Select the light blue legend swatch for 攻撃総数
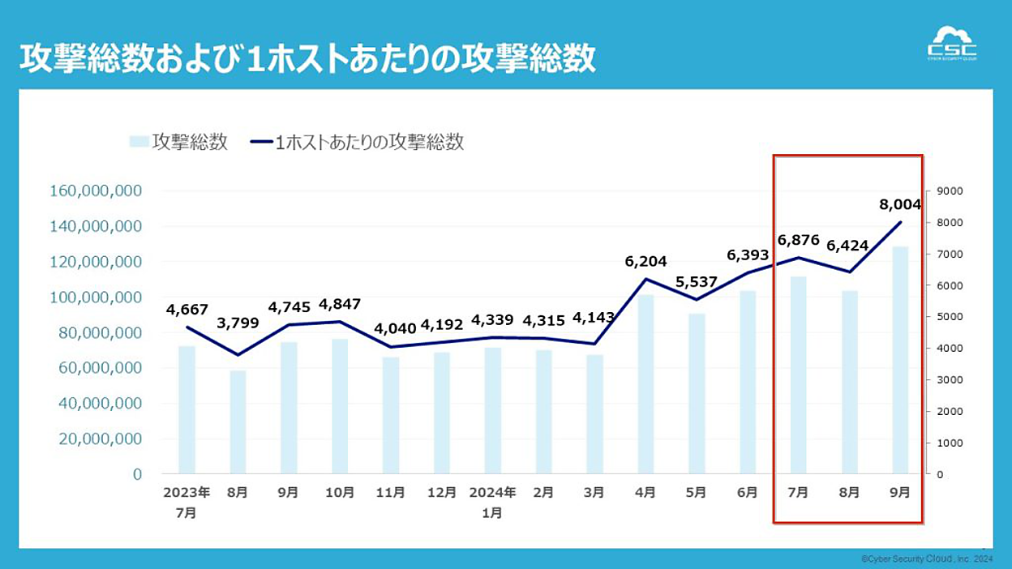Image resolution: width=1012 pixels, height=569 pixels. coord(139,141)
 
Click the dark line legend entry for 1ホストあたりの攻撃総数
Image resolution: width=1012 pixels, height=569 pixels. coord(357,142)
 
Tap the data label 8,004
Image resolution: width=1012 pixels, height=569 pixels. coord(900,204)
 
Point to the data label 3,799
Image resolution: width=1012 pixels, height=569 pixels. coord(238,323)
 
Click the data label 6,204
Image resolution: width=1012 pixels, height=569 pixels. coord(645,261)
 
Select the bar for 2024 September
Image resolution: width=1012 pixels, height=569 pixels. coord(900,360)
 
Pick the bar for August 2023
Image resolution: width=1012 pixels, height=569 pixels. coord(238,422)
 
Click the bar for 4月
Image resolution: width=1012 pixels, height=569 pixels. coord(645,384)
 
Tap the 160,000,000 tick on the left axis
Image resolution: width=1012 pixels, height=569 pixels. coord(96,190)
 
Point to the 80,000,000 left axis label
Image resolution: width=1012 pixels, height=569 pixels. coord(100,333)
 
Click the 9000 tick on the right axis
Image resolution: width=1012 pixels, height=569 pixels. coord(950,191)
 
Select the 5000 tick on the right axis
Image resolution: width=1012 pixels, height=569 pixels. coord(950,317)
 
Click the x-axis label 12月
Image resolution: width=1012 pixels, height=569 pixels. coord(441,492)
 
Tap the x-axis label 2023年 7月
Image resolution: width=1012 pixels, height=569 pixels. coord(187,503)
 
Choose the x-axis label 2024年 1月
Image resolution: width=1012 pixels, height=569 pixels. coord(492,503)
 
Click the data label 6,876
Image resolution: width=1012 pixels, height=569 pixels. coord(798,240)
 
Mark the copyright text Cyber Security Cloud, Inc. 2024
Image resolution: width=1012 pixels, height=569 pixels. coord(927,559)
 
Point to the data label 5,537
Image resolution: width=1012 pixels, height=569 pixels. coord(697,282)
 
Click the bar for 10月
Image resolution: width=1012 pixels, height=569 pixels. coord(340,406)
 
